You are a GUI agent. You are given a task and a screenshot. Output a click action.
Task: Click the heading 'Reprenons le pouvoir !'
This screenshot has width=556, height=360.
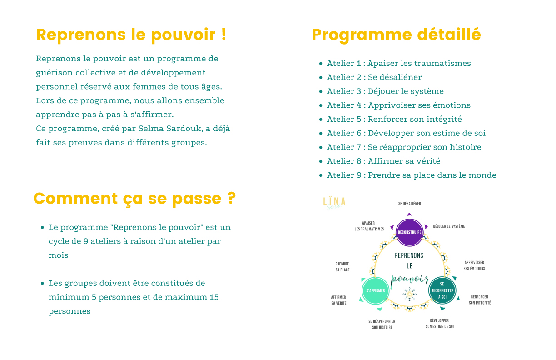131,35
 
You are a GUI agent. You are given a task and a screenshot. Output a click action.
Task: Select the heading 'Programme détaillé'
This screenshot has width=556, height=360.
396,35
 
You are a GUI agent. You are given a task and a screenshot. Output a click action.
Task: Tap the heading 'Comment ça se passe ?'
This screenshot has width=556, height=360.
134,199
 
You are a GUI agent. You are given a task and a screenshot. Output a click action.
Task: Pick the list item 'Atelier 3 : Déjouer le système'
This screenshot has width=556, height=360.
385,91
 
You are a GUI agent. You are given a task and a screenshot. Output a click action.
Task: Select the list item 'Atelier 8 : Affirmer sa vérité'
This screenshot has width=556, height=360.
383,161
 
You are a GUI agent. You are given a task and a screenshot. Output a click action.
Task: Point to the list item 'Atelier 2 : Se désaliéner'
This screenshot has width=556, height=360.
374,77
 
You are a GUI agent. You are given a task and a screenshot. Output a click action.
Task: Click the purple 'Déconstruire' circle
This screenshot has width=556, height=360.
410,232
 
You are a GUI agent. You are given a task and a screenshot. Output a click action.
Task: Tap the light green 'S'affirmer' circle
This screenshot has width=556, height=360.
376,290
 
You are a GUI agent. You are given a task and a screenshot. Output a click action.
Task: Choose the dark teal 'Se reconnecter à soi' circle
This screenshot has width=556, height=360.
442,290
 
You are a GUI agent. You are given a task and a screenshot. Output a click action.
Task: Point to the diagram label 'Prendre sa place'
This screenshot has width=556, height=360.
343,267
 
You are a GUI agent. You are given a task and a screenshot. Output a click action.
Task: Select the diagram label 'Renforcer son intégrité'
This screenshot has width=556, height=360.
480,300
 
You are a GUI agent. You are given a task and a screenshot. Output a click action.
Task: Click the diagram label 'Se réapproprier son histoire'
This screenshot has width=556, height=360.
382,324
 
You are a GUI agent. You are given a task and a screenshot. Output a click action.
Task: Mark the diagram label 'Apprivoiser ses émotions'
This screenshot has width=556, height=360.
474,265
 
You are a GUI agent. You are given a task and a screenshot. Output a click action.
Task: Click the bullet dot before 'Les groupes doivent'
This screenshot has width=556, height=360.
42,284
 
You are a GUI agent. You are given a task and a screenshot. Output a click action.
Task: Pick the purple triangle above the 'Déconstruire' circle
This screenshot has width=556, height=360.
409,214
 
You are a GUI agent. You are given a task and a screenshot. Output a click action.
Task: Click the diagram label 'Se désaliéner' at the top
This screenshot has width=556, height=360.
409,204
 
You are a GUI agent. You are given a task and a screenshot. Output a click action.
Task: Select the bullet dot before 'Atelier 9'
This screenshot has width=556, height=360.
321,175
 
